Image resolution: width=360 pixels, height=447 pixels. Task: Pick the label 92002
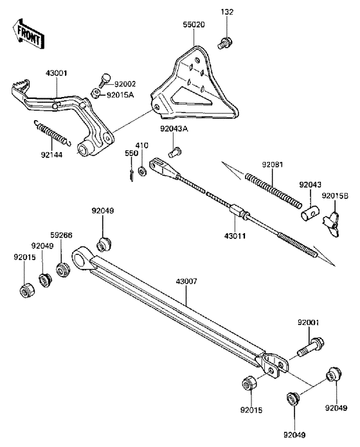click(126, 84)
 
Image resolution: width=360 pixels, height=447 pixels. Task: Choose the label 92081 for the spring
click(272, 164)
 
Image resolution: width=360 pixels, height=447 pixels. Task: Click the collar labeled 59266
click(63, 270)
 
